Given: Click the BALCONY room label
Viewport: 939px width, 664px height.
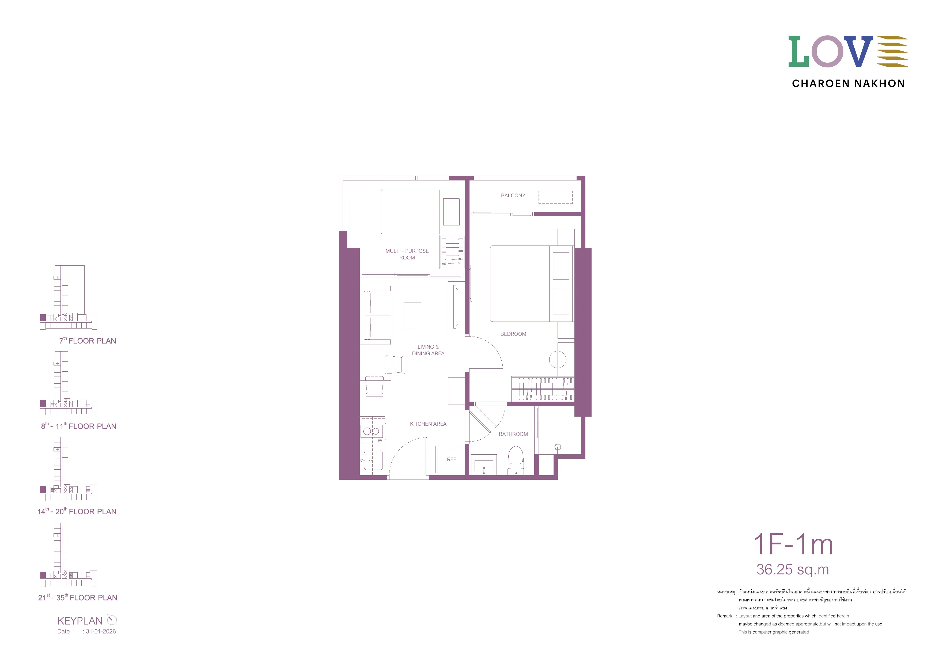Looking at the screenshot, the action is pos(513,195).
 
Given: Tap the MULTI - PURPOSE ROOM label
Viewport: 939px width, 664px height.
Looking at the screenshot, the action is pos(407,254).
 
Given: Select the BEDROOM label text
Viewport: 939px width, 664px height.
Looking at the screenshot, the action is pos(513,334).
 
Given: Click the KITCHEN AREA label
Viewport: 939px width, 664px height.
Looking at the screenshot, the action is pos(428,424).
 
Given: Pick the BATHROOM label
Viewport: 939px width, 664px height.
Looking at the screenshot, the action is pos(513,434).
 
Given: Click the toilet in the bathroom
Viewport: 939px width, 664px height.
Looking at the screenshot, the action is pos(516,460).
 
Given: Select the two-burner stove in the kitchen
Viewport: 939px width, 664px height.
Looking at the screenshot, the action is pos(372,431).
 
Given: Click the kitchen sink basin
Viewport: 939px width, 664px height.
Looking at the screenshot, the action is pos(373,460).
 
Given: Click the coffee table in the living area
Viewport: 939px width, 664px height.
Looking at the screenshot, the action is pos(412,315).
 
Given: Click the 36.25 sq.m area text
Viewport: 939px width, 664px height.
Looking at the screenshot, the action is pos(793,569).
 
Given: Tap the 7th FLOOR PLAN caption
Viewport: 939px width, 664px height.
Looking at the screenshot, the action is pos(88,340).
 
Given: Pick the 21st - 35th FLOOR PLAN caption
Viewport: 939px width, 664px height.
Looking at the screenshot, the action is pos(78,597).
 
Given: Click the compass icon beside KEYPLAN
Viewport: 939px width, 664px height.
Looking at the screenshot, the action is pos(112,620).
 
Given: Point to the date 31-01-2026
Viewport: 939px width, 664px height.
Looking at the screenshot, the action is pos(101,631).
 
